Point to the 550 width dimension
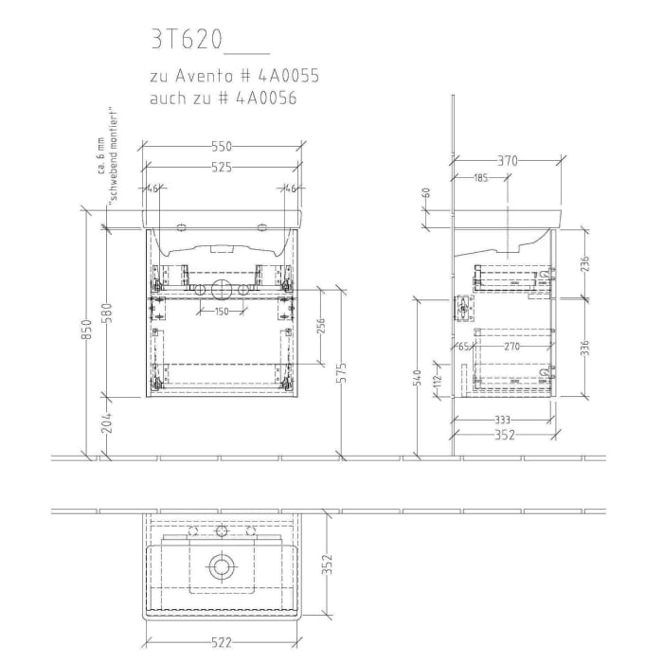pos(221,147)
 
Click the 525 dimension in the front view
pos(221,168)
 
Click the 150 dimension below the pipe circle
pos(221,312)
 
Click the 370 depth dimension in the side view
pos(509,161)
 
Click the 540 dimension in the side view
pos(416,379)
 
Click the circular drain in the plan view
pos(222,566)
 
